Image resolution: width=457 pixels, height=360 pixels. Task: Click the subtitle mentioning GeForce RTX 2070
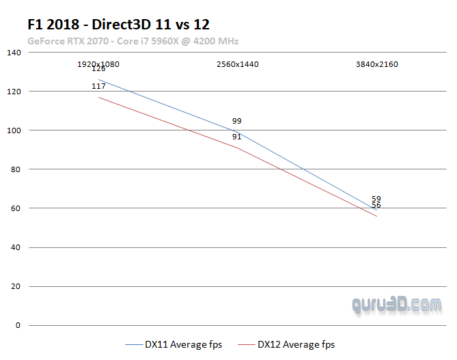(x=133, y=41)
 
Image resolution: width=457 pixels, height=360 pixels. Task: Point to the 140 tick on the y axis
(x=14, y=53)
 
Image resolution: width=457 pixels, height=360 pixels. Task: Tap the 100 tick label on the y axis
(x=14, y=130)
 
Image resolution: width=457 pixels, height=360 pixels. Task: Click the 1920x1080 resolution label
(x=98, y=64)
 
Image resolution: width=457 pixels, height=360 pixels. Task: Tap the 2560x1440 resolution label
(x=237, y=64)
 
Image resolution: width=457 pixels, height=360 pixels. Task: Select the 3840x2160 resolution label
(x=376, y=64)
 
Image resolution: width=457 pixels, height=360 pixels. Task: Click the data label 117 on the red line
(x=98, y=86)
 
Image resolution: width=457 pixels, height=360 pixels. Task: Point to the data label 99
(x=237, y=121)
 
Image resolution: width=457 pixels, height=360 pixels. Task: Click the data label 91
(x=237, y=137)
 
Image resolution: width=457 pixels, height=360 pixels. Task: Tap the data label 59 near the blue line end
(x=376, y=199)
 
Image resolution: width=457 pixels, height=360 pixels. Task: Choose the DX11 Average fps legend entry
(x=175, y=344)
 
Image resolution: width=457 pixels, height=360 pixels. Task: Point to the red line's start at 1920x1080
(x=98, y=97)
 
